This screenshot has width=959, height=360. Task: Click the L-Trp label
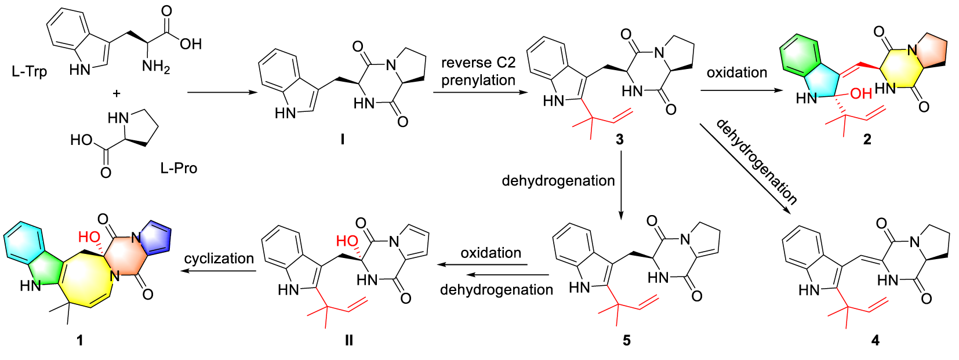tap(29, 72)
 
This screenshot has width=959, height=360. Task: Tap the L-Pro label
tap(179, 169)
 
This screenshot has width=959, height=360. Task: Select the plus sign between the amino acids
tap(117, 93)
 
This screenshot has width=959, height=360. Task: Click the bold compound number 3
tap(620, 140)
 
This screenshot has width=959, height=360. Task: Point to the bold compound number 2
tap(867, 140)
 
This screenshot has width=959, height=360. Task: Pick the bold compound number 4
tap(875, 340)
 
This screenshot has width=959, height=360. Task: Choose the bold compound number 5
tap(626, 340)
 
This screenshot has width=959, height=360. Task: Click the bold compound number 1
tap(80, 340)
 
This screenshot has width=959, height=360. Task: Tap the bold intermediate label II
tap(348, 340)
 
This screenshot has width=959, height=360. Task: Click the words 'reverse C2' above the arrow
tap(478, 63)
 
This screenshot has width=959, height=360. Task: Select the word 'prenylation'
tap(478, 80)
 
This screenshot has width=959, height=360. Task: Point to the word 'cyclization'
tap(219, 259)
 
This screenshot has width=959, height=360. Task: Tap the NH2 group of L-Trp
tap(155, 67)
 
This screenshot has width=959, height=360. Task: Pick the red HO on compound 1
tap(89, 237)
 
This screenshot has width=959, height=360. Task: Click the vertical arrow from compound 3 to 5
tap(620, 186)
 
